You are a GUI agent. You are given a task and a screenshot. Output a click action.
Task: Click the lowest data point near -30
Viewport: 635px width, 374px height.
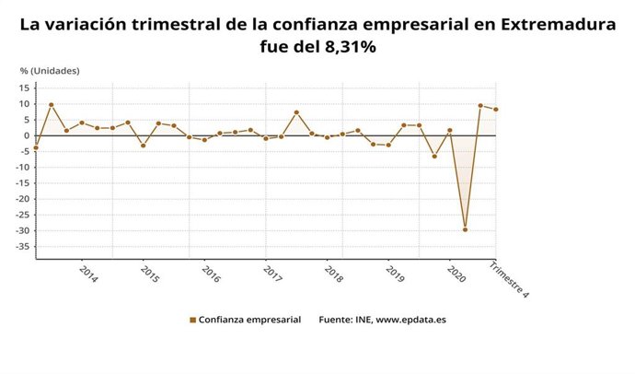(465, 229)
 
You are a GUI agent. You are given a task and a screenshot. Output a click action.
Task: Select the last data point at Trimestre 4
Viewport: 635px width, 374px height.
(496, 110)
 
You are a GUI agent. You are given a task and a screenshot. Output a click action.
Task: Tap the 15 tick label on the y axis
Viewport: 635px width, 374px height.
(26, 88)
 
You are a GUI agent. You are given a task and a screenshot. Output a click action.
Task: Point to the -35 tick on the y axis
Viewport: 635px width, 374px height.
(23, 246)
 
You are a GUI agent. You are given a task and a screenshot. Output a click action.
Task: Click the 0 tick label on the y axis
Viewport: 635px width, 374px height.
(29, 135)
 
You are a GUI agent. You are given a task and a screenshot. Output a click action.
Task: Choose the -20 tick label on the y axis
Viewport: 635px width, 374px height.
(23, 199)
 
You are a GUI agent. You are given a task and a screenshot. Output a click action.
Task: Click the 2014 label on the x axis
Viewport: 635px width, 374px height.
(88, 275)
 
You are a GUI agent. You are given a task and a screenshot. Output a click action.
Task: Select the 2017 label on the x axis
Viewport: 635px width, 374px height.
(272, 275)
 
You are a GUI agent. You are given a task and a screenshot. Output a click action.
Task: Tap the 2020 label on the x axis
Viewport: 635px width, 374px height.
(455, 275)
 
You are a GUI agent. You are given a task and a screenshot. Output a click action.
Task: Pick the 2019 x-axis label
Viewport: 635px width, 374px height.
(394, 275)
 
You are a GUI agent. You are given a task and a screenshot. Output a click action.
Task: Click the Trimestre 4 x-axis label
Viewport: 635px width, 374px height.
(510, 278)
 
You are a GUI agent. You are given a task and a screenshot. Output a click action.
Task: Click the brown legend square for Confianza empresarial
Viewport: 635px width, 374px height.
(193, 321)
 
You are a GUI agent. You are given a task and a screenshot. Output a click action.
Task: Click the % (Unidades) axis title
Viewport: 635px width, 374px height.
(50, 70)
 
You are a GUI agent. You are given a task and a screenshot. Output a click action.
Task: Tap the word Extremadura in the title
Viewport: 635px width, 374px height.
(557, 26)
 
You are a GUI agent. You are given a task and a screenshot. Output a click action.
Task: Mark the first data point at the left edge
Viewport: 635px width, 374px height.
(36, 147)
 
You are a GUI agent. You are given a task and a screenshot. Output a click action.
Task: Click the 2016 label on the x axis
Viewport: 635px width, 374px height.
(211, 275)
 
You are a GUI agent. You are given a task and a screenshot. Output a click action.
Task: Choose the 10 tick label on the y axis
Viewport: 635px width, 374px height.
(26, 104)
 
